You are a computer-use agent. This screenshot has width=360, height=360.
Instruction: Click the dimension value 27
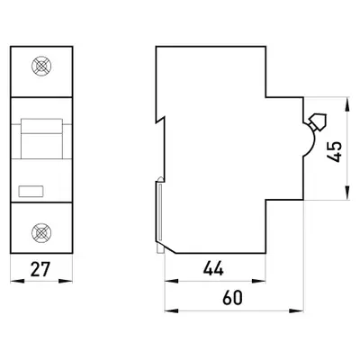(40, 269)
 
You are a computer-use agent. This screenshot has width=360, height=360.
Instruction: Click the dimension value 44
(213, 268)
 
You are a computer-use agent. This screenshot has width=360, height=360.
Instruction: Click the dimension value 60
(232, 298)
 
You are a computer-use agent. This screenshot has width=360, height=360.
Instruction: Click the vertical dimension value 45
(334, 151)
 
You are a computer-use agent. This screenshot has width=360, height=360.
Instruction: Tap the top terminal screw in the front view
(41, 66)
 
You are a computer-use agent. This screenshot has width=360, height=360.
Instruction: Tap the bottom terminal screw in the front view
(41, 233)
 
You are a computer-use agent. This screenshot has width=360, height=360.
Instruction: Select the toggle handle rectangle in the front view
(41, 139)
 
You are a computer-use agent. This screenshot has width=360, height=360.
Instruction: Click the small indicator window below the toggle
(31, 192)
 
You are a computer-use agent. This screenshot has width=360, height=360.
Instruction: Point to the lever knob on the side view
(318, 121)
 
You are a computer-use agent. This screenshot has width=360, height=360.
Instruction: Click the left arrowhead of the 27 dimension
(17, 281)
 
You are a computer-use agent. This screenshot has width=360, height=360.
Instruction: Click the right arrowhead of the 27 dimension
(66, 281)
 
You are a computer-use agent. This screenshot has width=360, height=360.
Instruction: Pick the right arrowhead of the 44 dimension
(258, 281)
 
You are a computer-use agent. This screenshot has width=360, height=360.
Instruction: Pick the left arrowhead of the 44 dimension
(172, 281)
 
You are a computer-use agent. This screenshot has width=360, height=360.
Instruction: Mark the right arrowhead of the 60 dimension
(296, 310)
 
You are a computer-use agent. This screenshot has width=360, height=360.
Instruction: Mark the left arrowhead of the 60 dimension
(172, 310)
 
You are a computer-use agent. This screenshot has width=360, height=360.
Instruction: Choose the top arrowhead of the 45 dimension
(347, 104)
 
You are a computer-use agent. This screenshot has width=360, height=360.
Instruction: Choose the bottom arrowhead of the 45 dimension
(347, 193)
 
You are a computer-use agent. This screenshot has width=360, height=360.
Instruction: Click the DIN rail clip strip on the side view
(160, 212)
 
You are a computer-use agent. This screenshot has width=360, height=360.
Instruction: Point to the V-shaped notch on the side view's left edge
(160, 120)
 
